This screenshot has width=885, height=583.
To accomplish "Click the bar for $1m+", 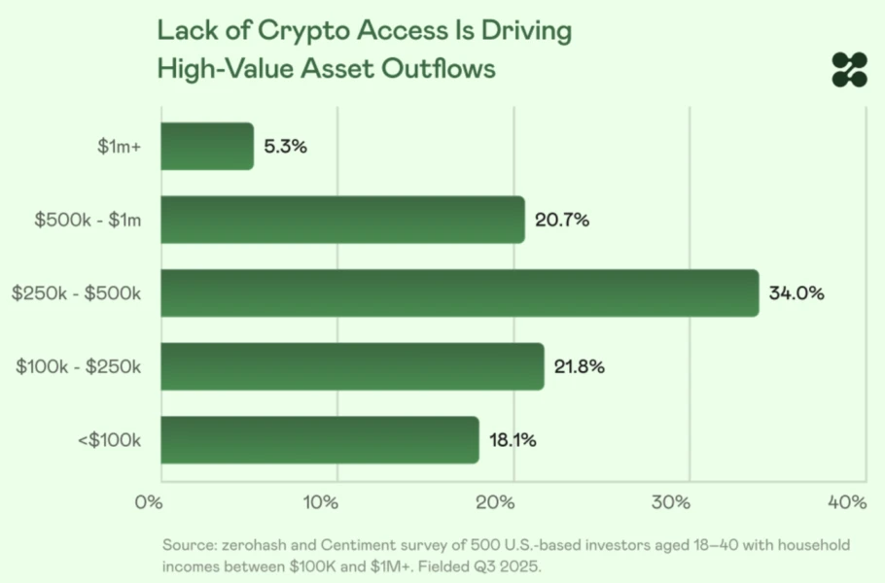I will tap(207, 147).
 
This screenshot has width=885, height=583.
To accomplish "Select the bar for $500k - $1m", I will tap(342, 220).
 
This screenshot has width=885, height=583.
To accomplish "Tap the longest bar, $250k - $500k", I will tap(459, 293).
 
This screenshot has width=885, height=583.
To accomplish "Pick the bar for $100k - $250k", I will tap(352, 366).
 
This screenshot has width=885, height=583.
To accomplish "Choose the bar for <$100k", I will tap(320, 440).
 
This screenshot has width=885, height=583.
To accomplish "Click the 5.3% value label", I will tap(286, 147).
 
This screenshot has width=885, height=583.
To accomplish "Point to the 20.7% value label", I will tap(562, 220).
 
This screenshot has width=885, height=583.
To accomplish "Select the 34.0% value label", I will tap(796, 293).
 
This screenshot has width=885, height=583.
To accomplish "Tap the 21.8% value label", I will tap(580, 366).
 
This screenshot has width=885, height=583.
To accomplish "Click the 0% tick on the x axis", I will tap(149, 502).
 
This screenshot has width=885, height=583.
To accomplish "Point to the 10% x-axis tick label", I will tap(321, 502).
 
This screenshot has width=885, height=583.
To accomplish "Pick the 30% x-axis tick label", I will tap(671, 502).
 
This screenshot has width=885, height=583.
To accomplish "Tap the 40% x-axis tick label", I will tap(846, 502).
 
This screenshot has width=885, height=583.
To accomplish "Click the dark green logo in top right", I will tap(848, 70).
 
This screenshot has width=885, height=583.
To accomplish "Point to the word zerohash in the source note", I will tap(254, 545).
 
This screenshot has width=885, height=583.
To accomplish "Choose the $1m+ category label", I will tap(120, 147).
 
